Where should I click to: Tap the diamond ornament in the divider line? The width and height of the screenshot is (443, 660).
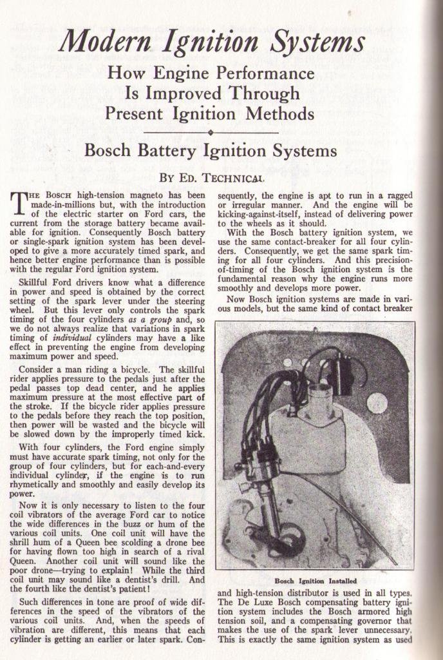tap(211, 132)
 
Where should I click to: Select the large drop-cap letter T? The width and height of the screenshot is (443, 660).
tap(19, 202)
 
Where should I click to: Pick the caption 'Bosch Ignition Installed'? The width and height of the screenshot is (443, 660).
tap(315, 580)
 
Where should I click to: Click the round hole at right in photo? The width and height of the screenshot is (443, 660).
tap(376, 403)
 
